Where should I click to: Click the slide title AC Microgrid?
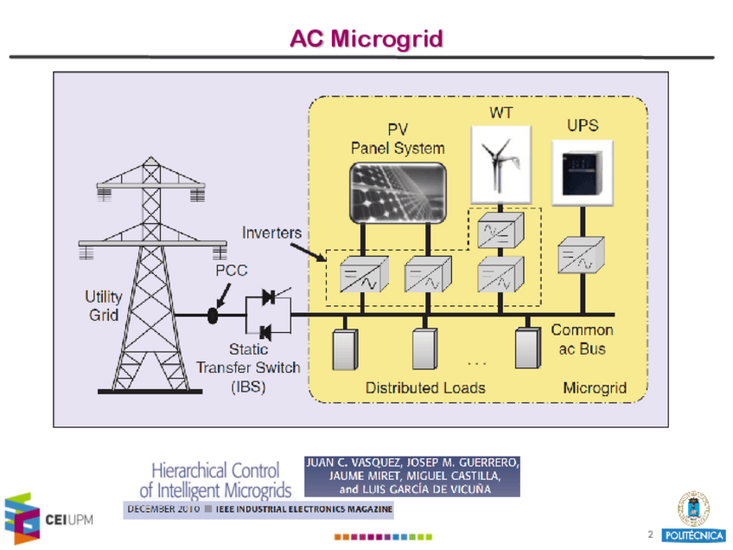(x=366, y=39)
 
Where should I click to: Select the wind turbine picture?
(x=500, y=163)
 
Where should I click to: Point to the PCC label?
(x=231, y=271)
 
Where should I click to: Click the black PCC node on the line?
(x=213, y=316)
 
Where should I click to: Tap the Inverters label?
(x=271, y=233)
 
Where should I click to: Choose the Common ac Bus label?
(x=582, y=339)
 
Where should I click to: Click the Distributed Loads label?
(x=424, y=387)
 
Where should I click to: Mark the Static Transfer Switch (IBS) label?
(x=248, y=368)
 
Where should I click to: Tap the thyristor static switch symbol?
(x=267, y=315)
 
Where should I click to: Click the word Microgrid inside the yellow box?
(x=595, y=387)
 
